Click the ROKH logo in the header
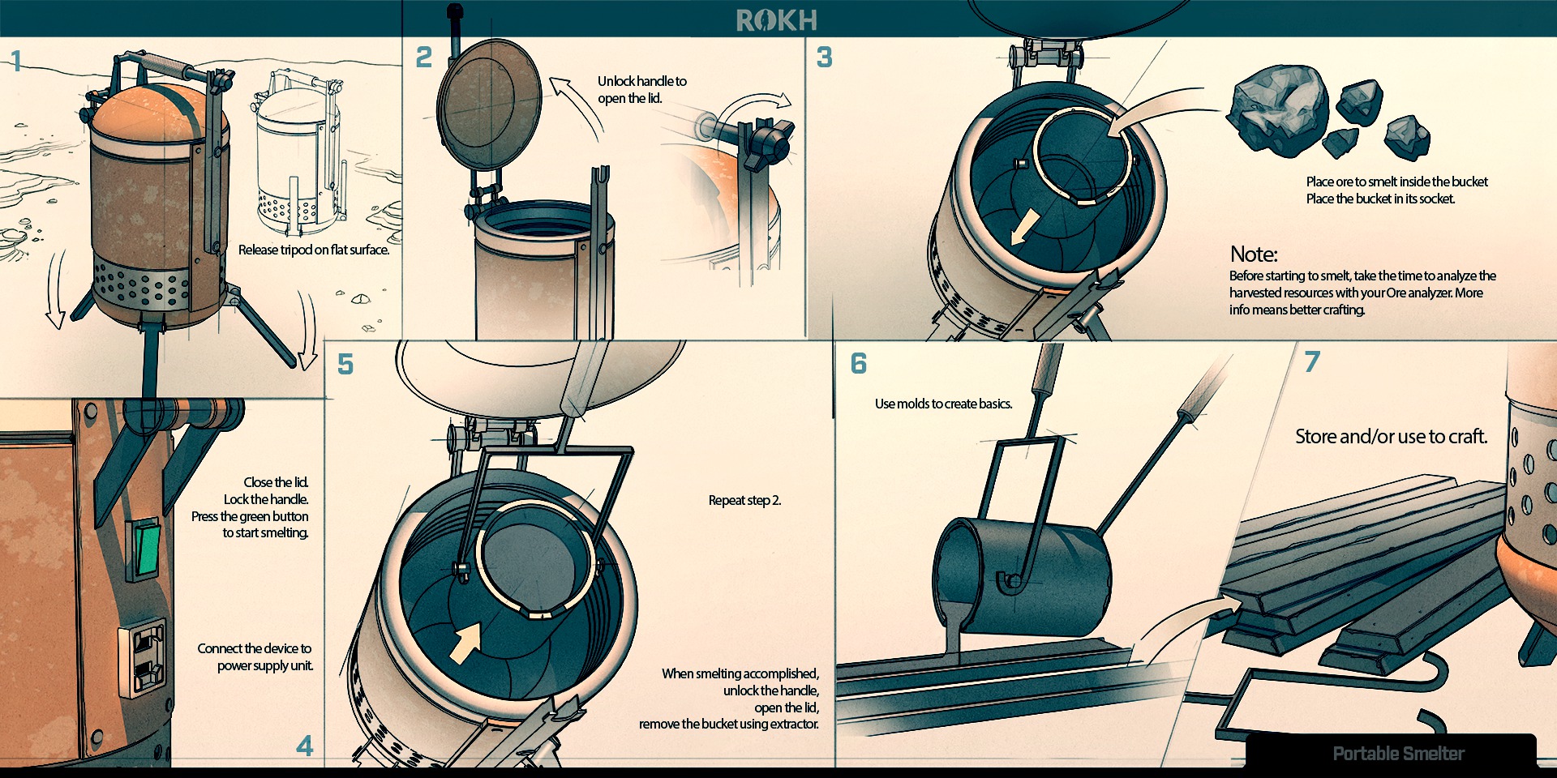776,20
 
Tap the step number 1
15,61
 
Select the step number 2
423,58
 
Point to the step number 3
824,58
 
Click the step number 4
305,746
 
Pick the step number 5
345,365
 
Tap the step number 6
859,363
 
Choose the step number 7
1312,361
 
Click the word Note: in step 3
1254,254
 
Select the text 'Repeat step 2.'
744,501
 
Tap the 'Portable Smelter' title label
1398,754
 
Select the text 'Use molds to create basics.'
943,404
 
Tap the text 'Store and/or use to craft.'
1391,437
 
